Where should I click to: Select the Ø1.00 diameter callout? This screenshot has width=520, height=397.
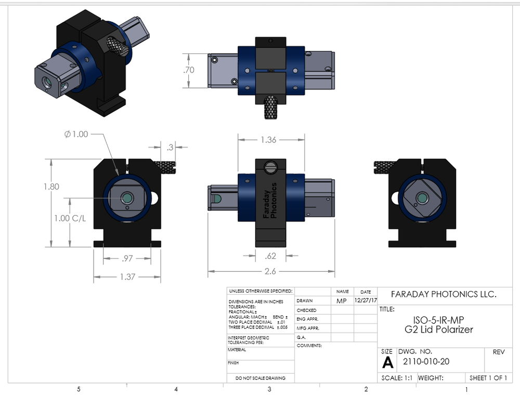(x=76, y=134)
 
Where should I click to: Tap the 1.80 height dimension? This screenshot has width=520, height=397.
(x=51, y=187)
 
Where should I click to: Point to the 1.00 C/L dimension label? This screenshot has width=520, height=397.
(x=69, y=218)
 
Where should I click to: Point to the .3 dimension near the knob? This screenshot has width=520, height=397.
(x=170, y=148)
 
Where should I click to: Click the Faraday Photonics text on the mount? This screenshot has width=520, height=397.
(x=270, y=200)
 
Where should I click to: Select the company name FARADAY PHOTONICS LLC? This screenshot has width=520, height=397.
(x=444, y=294)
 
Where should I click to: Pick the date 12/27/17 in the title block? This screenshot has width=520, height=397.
(x=366, y=300)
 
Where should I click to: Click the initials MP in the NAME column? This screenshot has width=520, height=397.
(x=342, y=300)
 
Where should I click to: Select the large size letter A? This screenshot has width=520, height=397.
(x=387, y=362)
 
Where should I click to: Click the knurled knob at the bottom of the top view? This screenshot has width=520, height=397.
(x=271, y=107)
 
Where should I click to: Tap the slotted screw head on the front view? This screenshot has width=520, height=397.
(x=270, y=167)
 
